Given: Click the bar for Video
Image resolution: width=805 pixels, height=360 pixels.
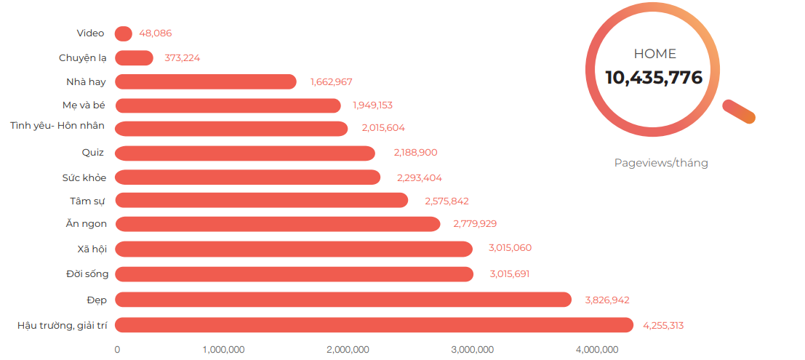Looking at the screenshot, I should (124, 33).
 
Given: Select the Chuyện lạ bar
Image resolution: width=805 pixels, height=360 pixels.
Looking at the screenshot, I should (135, 58).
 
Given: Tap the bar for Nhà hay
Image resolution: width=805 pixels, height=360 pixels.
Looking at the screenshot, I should (206, 81).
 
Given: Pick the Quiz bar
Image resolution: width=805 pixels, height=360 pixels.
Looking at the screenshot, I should (245, 153).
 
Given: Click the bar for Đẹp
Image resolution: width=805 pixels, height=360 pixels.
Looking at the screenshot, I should (343, 300).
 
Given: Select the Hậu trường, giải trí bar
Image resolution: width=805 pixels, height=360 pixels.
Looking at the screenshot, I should (375, 325).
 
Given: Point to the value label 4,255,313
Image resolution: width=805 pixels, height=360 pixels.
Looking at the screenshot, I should (662, 325).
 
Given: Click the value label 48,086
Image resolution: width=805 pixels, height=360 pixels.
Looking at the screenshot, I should (155, 33).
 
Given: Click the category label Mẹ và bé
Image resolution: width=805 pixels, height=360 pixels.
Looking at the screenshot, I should (84, 105).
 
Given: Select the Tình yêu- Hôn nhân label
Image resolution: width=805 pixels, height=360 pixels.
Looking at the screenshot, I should (57, 126).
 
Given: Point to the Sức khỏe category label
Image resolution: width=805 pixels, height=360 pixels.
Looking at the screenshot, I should (84, 177).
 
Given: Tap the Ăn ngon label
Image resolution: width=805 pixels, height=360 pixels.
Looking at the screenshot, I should (87, 224).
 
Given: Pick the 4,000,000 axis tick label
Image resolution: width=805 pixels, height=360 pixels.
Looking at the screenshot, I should (597, 350).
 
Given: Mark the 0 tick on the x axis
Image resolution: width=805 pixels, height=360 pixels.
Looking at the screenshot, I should (117, 350).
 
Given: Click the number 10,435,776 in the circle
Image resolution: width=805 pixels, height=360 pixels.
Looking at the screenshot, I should (654, 77).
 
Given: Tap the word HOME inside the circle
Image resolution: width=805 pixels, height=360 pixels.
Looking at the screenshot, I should (654, 54).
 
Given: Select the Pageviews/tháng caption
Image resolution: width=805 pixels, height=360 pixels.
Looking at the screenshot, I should (661, 163).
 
